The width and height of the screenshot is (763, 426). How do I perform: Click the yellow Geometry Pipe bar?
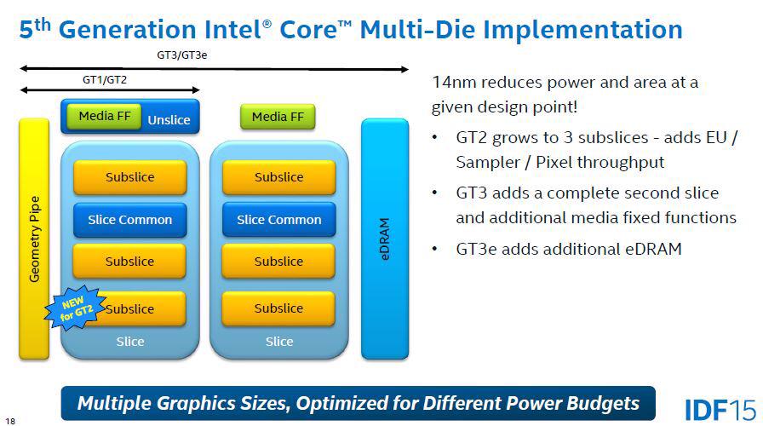tap(34, 239)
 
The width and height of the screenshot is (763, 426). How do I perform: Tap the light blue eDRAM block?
tap(385, 239)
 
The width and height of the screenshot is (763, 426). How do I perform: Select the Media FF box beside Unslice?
tap(105, 116)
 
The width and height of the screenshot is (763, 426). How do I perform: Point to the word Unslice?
tap(169, 120)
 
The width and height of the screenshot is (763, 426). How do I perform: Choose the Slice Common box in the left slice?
tap(129, 220)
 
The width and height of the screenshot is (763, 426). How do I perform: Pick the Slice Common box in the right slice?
tap(278, 220)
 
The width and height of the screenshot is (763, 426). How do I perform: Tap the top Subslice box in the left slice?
tap(129, 177)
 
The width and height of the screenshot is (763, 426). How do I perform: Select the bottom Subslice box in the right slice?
tap(278, 308)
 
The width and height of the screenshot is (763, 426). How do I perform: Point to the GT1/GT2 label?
tap(105, 79)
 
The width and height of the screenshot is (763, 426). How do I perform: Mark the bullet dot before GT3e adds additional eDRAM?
tap(436, 249)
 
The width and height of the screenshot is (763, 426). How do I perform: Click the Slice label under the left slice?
tap(129, 342)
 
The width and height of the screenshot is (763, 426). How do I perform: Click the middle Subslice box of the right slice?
tap(278, 262)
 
